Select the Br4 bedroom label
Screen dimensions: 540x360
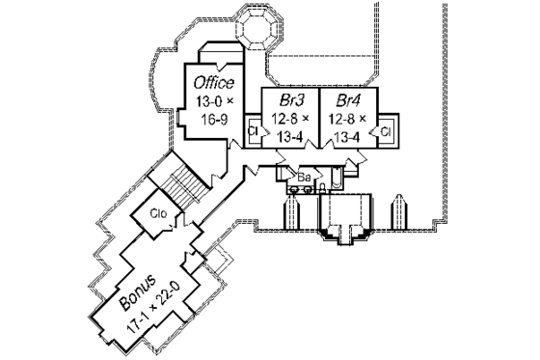[x=348, y=100]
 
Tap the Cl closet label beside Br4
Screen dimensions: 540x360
[x=385, y=129]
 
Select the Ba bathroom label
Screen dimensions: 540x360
[x=302, y=178]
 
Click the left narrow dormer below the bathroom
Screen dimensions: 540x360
[x=290, y=214]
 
